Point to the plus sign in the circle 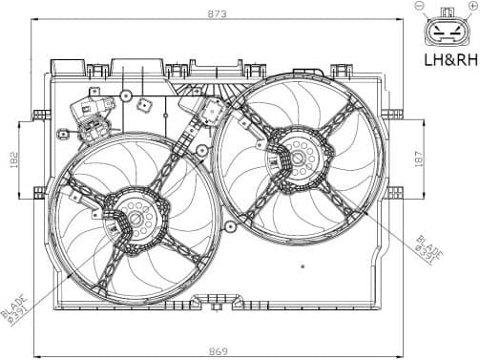471,7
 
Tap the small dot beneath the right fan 302,265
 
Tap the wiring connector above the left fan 93,126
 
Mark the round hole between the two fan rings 201,150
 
